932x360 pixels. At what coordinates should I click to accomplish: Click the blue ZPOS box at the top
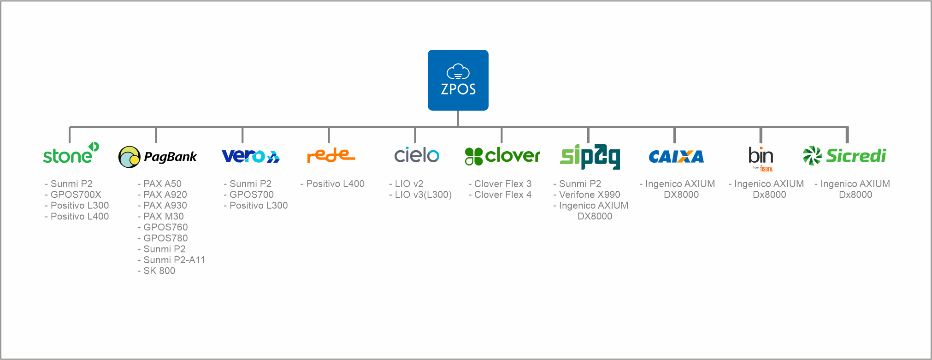click(x=458, y=80)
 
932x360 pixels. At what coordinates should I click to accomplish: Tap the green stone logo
click(x=71, y=154)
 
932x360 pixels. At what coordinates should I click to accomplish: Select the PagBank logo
click(x=158, y=157)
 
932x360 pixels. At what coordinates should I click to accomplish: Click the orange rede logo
click(x=330, y=155)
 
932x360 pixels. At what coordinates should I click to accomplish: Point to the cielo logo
click(x=417, y=155)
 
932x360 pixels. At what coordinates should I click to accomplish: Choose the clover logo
click(x=502, y=156)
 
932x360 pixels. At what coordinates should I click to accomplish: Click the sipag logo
click(x=590, y=156)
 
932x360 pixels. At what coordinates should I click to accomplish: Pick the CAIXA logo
click(x=676, y=157)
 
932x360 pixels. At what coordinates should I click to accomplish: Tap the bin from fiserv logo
click(x=761, y=158)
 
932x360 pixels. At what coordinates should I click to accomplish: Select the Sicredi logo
click(x=844, y=156)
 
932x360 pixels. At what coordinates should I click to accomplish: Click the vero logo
click(x=250, y=156)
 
